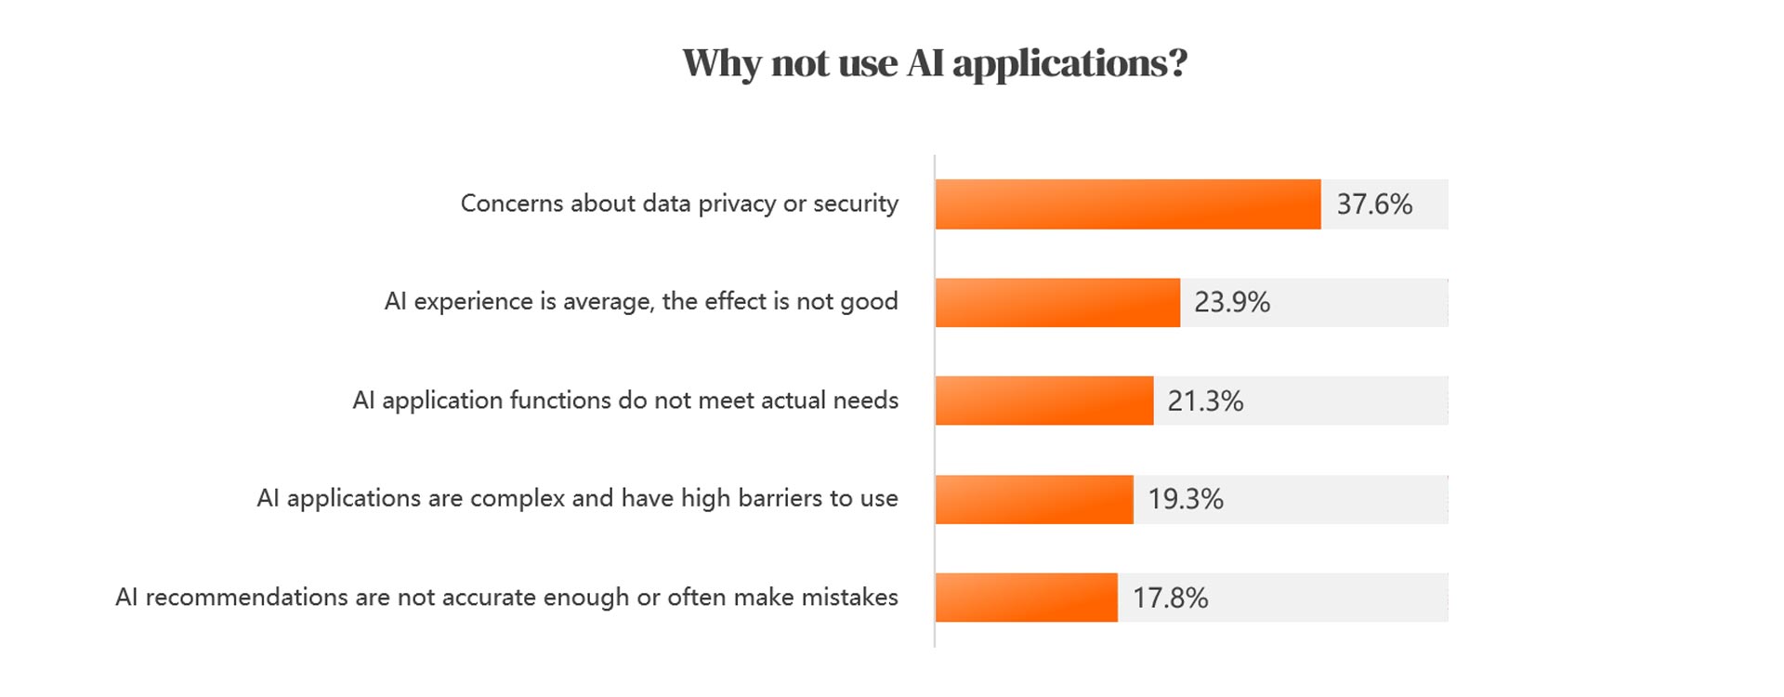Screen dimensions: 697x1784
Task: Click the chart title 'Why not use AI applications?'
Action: coord(935,63)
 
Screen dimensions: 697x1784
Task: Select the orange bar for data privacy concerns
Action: coord(1127,204)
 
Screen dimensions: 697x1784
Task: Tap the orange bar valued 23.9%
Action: coord(1057,303)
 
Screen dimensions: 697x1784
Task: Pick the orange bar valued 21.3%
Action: coord(1043,401)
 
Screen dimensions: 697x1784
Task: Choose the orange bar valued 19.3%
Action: coord(1034,499)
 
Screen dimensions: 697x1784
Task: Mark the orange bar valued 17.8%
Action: coord(1026,598)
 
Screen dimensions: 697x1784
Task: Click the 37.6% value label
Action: coord(1374,204)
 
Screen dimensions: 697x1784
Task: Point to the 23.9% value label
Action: coord(1231,303)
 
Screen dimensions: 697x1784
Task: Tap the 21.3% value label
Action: coord(1205,401)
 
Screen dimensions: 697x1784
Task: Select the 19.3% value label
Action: coord(1186,500)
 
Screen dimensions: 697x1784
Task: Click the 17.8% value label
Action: coord(1170,598)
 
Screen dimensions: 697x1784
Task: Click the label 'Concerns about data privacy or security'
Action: coord(679,204)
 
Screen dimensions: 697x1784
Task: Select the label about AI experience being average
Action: coord(641,302)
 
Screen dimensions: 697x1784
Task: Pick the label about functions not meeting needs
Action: coord(625,401)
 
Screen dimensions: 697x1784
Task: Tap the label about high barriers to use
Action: coord(577,499)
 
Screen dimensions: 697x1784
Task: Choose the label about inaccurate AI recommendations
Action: coord(506,598)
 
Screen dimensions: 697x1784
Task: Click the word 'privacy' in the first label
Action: coord(736,204)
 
